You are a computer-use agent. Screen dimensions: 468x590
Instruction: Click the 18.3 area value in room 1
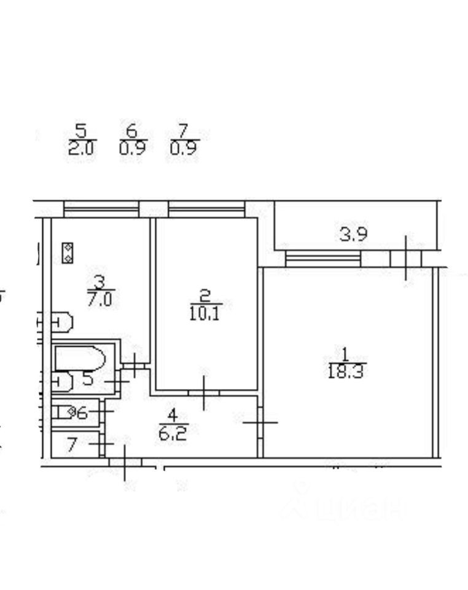click(x=345, y=372)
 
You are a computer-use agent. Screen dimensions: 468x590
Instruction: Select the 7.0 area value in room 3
click(x=101, y=301)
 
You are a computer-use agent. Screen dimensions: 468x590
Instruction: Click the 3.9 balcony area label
click(x=353, y=234)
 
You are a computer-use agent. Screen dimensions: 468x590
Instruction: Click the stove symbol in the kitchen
click(x=68, y=253)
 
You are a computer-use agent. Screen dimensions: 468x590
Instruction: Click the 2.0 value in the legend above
click(x=81, y=148)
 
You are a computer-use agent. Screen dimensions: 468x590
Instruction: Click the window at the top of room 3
click(x=101, y=210)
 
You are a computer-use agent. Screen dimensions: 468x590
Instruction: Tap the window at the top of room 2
click(x=206, y=210)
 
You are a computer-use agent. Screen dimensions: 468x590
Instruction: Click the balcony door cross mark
click(x=405, y=258)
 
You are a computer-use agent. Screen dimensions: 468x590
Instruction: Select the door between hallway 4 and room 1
click(x=260, y=422)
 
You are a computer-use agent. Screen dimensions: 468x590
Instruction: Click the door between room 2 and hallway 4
click(x=205, y=392)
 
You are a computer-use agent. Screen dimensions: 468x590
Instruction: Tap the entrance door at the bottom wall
click(x=125, y=462)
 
